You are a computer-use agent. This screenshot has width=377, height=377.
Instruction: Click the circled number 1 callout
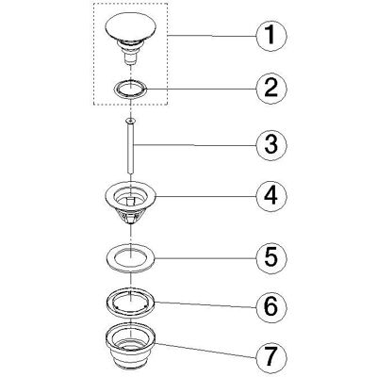[271, 36]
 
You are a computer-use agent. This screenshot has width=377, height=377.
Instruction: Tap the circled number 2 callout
[271, 89]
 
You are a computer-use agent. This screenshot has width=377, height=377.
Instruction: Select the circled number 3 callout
[271, 144]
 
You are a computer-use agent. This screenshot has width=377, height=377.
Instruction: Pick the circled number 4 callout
[271, 196]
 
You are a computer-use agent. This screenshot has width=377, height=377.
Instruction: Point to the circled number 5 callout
[271, 257]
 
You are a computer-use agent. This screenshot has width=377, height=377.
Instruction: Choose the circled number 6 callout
[271, 307]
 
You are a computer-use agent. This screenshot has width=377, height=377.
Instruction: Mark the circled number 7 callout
[271, 356]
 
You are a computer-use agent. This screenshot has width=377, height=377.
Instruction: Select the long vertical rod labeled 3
[130, 146]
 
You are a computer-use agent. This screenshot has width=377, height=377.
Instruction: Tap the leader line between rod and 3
[195, 145]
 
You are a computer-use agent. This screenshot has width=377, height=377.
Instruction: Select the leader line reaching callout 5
[205, 257]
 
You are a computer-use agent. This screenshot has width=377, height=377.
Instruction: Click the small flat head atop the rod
[130, 121]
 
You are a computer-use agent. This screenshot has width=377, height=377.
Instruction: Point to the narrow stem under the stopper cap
[129, 58]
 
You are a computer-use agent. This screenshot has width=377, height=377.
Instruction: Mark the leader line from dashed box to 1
[212, 36]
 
